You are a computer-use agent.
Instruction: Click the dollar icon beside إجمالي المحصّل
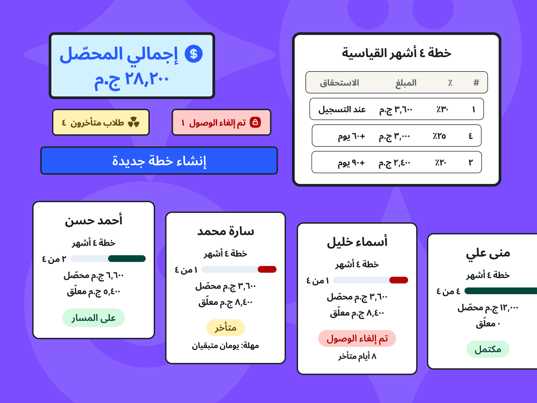point(193,54)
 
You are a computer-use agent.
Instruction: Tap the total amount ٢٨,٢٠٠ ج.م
point(132,79)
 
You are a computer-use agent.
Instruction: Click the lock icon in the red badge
point(255,122)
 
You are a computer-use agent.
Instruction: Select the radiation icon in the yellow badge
point(134,122)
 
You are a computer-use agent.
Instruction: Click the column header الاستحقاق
point(339,83)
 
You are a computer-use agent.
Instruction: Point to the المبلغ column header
point(406,83)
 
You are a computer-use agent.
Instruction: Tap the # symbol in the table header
point(476,83)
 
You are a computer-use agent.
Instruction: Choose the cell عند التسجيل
point(342,109)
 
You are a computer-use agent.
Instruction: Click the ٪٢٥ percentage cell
point(439,136)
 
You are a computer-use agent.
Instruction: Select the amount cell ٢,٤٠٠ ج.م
point(394,163)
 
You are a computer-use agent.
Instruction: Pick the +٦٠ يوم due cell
point(351,136)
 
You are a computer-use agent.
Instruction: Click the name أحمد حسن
point(93,220)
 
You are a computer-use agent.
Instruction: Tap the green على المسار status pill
point(93,318)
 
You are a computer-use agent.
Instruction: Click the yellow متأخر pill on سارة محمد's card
point(225,327)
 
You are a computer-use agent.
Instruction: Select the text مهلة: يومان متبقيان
point(225,346)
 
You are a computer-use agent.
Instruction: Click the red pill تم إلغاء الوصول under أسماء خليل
point(357,339)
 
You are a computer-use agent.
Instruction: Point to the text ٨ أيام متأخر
point(357,356)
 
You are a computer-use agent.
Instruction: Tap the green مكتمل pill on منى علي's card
point(488,349)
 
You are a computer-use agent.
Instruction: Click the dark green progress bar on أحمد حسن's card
point(127,259)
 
